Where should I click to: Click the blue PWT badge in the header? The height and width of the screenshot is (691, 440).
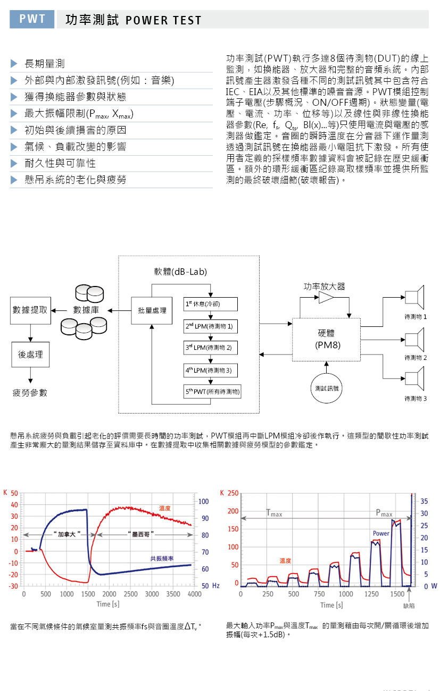32,19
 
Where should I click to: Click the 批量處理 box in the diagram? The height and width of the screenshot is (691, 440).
152,310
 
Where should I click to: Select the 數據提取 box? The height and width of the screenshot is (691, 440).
30,310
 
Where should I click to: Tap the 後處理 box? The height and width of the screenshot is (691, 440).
30,355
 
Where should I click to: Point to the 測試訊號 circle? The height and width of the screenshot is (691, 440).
326,389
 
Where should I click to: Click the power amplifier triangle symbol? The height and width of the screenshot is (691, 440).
326,298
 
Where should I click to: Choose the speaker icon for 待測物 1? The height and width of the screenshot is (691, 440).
414,297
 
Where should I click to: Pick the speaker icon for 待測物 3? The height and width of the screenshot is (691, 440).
414,378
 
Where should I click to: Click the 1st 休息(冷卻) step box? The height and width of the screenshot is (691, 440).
211,304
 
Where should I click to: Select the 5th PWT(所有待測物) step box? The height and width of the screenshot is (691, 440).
212,391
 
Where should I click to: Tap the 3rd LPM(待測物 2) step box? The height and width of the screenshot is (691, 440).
211,348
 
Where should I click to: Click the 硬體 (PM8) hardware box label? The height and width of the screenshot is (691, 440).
327,339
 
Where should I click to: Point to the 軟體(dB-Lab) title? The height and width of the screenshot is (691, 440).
180,272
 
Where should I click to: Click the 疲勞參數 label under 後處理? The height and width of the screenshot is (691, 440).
30,393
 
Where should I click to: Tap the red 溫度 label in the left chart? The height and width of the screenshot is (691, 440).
164,508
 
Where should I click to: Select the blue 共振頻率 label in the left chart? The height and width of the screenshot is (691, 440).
162,558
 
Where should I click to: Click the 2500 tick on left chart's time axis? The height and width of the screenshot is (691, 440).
130,594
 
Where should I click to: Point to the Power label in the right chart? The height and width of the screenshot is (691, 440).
381,533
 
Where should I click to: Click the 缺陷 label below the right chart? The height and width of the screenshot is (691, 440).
409,606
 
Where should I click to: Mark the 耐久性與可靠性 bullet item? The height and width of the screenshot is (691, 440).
60,163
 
